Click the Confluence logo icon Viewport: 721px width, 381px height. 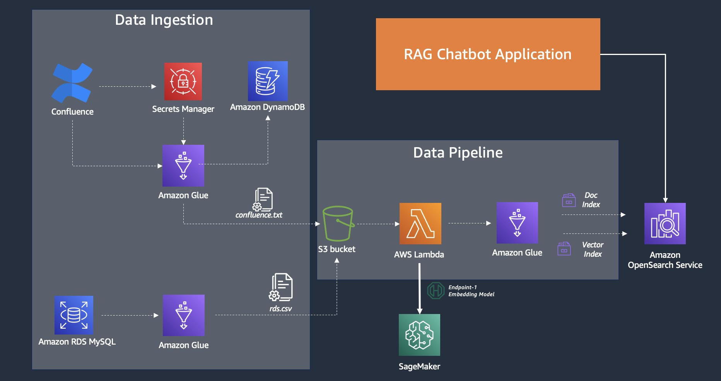point(72,83)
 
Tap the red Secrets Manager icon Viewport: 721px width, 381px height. point(183,81)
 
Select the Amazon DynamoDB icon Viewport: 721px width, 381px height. point(268,81)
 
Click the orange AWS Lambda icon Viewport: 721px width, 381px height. point(420,223)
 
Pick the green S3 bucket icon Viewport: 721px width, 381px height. point(338,224)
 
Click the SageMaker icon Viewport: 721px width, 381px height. point(419,335)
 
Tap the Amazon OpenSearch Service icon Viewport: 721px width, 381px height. point(665,223)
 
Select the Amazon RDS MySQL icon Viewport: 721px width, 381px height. point(74,315)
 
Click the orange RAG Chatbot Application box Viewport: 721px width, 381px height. point(488,54)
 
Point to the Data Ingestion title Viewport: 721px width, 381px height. point(164,20)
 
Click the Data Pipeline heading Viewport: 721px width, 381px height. point(458,153)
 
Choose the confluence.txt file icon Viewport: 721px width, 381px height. point(263,199)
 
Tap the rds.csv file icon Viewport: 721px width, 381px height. point(281,287)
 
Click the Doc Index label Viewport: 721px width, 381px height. point(591,200)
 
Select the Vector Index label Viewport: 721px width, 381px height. point(593,249)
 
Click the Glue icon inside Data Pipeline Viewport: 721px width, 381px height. point(517,223)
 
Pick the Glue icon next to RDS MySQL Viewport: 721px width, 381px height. point(183,315)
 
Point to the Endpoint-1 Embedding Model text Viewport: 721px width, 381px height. point(471,291)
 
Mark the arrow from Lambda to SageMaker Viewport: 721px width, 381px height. point(420,288)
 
